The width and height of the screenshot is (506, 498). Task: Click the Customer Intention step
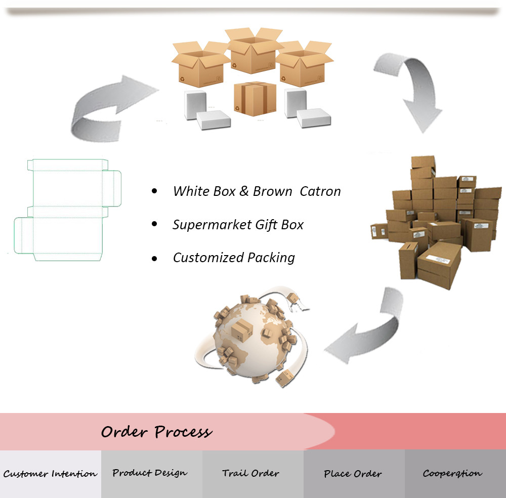tap(50, 474)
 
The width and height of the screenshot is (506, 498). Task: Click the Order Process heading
tap(156, 432)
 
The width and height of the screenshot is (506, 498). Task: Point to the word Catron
tap(320, 191)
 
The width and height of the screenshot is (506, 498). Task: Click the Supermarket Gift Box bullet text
tap(238, 225)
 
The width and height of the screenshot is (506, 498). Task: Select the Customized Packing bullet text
tap(234, 258)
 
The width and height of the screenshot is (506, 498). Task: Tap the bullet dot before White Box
tap(154, 191)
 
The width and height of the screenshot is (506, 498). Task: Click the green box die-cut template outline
tap(67, 210)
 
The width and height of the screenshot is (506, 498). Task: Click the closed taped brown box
tap(255, 99)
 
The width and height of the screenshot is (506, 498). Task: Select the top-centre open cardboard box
tap(254, 50)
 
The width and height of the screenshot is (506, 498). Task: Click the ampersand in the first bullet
tap(244, 191)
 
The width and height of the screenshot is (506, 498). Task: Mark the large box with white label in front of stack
tap(439, 265)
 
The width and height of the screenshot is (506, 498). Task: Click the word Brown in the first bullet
tap(272, 191)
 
